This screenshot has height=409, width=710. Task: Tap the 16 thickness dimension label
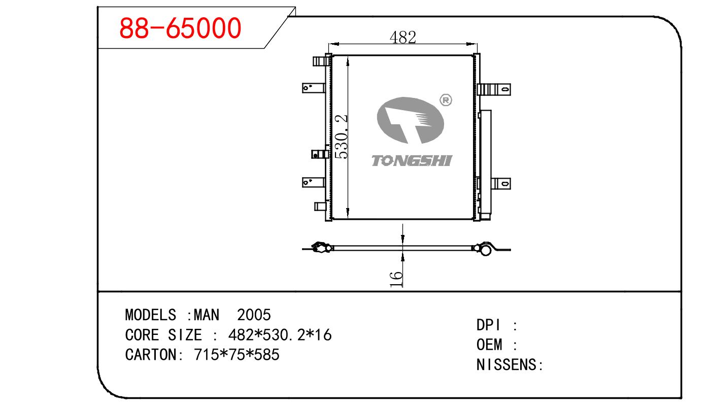pyautogui.click(x=396, y=279)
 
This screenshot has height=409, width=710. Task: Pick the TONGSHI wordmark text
pyautogui.click(x=412, y=160)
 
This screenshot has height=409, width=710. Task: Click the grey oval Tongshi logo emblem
pyautogui.click(x=410, y=121)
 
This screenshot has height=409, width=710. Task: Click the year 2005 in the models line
pyautogui.click(x=254, y=315)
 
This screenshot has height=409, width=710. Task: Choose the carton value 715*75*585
pyautogui.click(x=236, y=354)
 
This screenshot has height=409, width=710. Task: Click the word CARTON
pyautogui.click(x=150, y=354)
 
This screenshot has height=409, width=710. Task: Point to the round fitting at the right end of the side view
pyautogui.click(x=486, y=250)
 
